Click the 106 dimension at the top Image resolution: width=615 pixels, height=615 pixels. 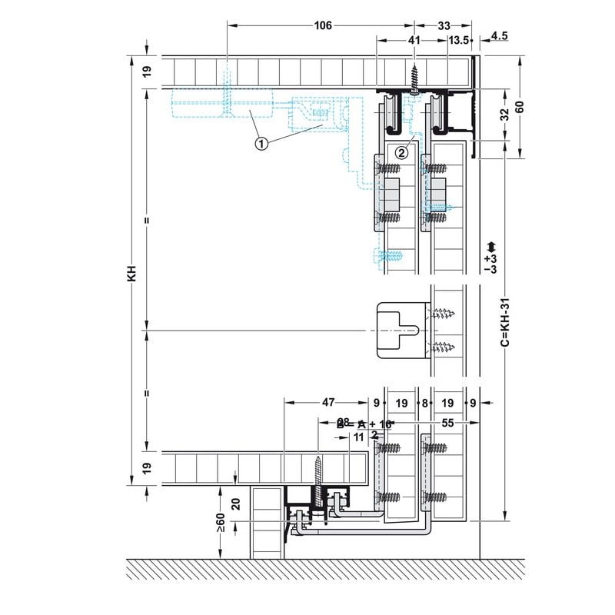[323, 25]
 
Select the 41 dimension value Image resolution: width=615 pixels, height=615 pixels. [414, 41]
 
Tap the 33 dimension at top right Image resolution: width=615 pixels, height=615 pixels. [444, 25]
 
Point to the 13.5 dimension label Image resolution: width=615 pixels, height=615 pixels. [460, 41]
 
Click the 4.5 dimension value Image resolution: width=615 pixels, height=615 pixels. [499, 35]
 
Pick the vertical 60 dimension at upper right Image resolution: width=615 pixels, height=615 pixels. [520, 107]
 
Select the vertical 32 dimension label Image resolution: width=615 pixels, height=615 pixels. [504, 115]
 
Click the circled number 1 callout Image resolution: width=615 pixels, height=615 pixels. [261, 143]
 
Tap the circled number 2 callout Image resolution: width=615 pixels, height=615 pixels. [401, 152]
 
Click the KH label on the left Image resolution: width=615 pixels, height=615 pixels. [132, 274]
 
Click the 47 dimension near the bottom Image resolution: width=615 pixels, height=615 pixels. [327, 402]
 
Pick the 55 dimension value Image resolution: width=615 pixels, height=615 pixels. [447, 423]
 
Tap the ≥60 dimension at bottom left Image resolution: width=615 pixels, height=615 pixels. [221, 525]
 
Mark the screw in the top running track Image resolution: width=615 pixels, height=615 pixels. [414, 78]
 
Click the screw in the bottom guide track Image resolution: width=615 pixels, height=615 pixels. [318, 473]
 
